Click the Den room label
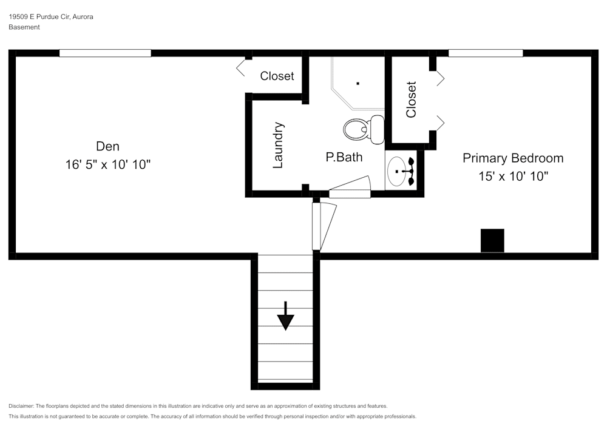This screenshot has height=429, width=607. pyautogui.click(x=107, y=146)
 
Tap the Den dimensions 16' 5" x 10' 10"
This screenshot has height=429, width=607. pyautogui.click(x=107, y=164)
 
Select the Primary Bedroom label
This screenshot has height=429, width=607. pyautogui.click(x=513, y=158)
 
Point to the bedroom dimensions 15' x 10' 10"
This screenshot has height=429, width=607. pyautogui.click(x=514, y=177)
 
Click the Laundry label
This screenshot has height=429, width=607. pyautogui.click(x=279, y=146)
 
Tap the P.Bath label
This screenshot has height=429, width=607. pyautogui.click(x=344, y=157)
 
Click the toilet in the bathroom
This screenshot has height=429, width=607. pyautogui.click(x=364, y=129)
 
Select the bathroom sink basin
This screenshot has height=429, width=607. pyautogui.click(x=397, y=171)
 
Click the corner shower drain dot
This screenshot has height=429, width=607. pyautogui.click(x=358, y=83)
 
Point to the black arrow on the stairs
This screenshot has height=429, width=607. pyautogui.click(x=286, y=316)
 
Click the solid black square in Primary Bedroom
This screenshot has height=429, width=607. pyautogui.click(x=492, y=240)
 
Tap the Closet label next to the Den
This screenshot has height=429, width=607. pyautogui.click(x=277, y=76)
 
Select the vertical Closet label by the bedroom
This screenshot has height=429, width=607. pyautogui.click(x=411, y=100)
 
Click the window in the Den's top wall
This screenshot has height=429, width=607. pyautogui.click(x=105, y=53)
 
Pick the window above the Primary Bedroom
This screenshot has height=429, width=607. pyautogui.click(x=486, y=53)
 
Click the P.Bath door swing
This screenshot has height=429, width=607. pyautogui.click(x=350, y=187)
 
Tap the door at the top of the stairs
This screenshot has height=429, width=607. pyautogui.click(x=324, y=226)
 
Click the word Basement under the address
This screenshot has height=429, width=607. pyautogui.click(x=24, y=27)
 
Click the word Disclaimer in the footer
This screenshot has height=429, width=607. pyautogui.click(x=21, y=406)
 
